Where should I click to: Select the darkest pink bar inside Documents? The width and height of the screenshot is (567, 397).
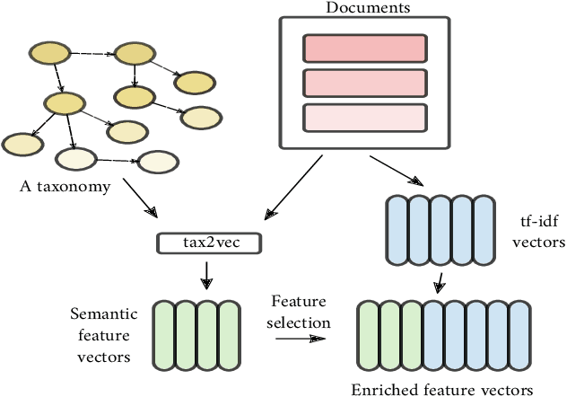point(363,47)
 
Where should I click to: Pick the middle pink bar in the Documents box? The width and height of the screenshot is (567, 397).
point(363,83)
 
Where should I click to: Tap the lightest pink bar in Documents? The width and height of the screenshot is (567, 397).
point(363,118)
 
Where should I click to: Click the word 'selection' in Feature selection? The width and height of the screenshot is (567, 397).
point(302,322)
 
